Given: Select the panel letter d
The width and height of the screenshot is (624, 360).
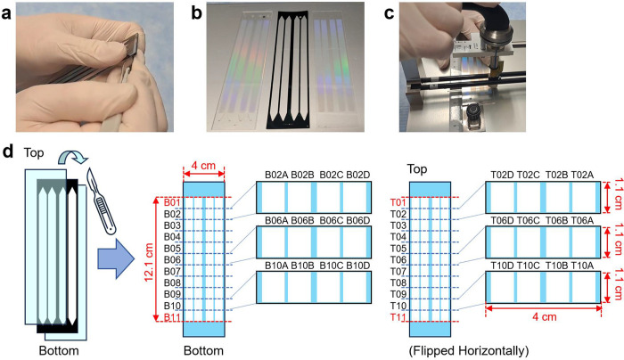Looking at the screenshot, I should [x=9, y=157].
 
